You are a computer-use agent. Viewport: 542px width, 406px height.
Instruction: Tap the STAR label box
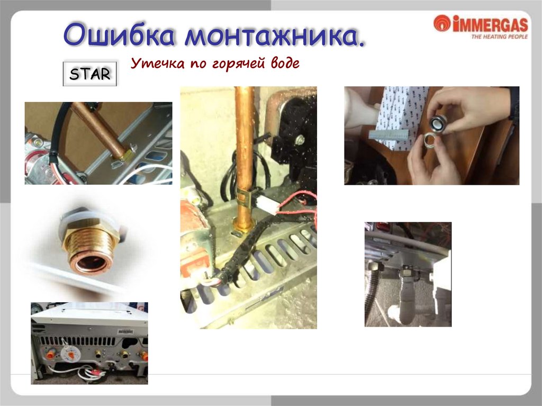pyautogui.click(x=90, y=74)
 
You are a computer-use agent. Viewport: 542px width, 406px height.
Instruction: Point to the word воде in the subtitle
pyautogui.click(x=285, y=62)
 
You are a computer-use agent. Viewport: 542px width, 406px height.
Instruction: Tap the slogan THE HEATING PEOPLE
pyautogui.click(x=500, y=37)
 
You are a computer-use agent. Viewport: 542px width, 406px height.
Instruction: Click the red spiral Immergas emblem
pyautogui.click(x=442, y=23)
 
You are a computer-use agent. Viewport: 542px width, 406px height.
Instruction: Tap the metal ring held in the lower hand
pyautogui.click(x=431, y=140)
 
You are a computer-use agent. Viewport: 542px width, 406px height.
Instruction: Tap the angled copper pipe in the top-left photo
pyautogui.click(x=100, y=131)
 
